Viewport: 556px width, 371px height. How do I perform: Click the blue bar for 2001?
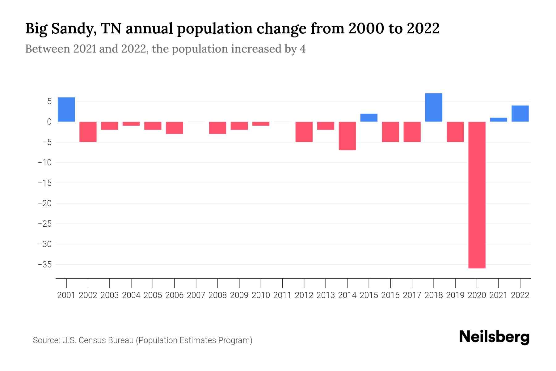point(66,109)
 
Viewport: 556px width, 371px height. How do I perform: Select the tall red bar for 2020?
point(477,195)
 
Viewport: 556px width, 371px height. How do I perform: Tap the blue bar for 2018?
point(434,107)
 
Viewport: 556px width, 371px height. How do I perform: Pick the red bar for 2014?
point(347,136)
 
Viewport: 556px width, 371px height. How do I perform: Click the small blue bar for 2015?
point(369,118)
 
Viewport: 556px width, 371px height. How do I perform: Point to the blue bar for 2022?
point(520,113)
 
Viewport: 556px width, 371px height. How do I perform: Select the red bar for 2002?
point(88,132)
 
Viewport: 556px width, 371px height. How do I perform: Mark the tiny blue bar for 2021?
point(499,120)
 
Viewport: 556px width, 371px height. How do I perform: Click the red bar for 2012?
point(304,132)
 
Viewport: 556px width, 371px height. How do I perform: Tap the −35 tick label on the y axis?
point(44,265)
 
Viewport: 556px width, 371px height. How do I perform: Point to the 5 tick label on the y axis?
point(49,101)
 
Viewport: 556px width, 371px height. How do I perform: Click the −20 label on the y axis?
point(44,203)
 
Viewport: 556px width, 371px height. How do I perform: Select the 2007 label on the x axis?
point(196,295)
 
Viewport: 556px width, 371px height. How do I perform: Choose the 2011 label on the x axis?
point(282,295)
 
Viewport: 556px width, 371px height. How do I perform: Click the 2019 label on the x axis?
point(455,295)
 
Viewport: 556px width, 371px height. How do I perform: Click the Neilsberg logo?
point(494,337)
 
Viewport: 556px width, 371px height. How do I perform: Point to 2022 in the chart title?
point(423,29)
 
